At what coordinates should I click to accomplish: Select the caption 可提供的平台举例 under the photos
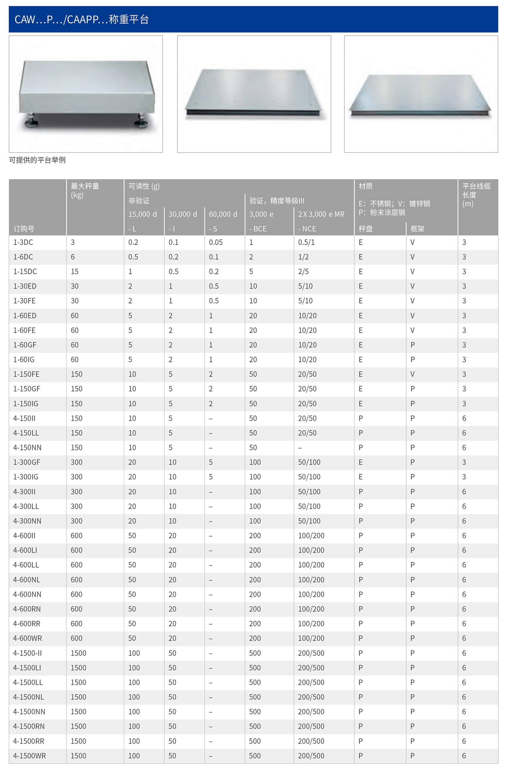point(37,160)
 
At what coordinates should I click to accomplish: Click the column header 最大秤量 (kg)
point(85,190)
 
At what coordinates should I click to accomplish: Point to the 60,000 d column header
point(223,214)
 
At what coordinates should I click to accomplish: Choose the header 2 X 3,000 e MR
point(321,214)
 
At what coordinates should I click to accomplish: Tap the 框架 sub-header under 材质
point(417,229)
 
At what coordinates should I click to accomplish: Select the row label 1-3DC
point(23,242)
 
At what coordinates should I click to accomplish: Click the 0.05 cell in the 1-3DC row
point(216,242)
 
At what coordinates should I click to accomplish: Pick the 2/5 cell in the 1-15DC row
point(304,272)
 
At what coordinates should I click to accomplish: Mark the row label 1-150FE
point(26,374)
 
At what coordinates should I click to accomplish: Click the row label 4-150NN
point(27,448)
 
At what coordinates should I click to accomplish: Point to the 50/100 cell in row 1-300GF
point(309,462)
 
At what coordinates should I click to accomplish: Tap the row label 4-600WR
point(28,639)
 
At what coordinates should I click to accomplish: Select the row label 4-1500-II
point(28,653)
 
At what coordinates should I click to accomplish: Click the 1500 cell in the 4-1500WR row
point(78,756)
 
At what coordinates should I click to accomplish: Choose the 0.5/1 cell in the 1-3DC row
point(306,242)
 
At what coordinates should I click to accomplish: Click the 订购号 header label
point(24,229)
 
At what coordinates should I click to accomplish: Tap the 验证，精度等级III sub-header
point(276,201)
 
